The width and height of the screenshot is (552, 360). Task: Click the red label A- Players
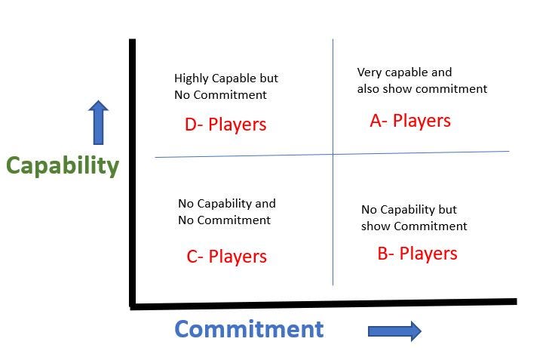click(x=410, y=121)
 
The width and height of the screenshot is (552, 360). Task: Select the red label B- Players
click(x=417, y=253)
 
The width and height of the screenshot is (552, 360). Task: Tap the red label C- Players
click(x=226, y=257)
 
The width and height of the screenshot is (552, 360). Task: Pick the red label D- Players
click(x=225, y=125)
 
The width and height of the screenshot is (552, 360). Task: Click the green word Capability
click(x=63, y=165)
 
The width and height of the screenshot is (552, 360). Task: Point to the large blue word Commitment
click(x=249, y=329)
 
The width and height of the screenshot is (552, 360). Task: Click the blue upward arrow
click(x=99, y=122)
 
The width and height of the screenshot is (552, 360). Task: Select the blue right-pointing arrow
click(x=394, y=331)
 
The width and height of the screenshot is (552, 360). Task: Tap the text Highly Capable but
click(x=226, y=78)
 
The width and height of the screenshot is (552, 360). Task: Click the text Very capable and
click(x=404, y=72)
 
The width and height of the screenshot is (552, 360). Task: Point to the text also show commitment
click(x=422, y=89)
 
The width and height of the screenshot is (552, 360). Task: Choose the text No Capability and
click(x=227, y=204)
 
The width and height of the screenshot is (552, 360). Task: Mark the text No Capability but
click(x=409, y=210)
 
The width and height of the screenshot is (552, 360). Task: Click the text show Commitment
click(x=414, y=226)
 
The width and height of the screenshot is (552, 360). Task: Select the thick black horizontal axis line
click(x=324, y=304)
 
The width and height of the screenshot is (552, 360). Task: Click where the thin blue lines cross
click(x=333, y=155)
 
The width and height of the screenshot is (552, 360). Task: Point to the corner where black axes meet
click(x=133, y=306)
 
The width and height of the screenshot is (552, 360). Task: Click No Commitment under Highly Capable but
click(x=221, y=95)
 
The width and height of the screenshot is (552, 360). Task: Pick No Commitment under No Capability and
click(x=224, y=220)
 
